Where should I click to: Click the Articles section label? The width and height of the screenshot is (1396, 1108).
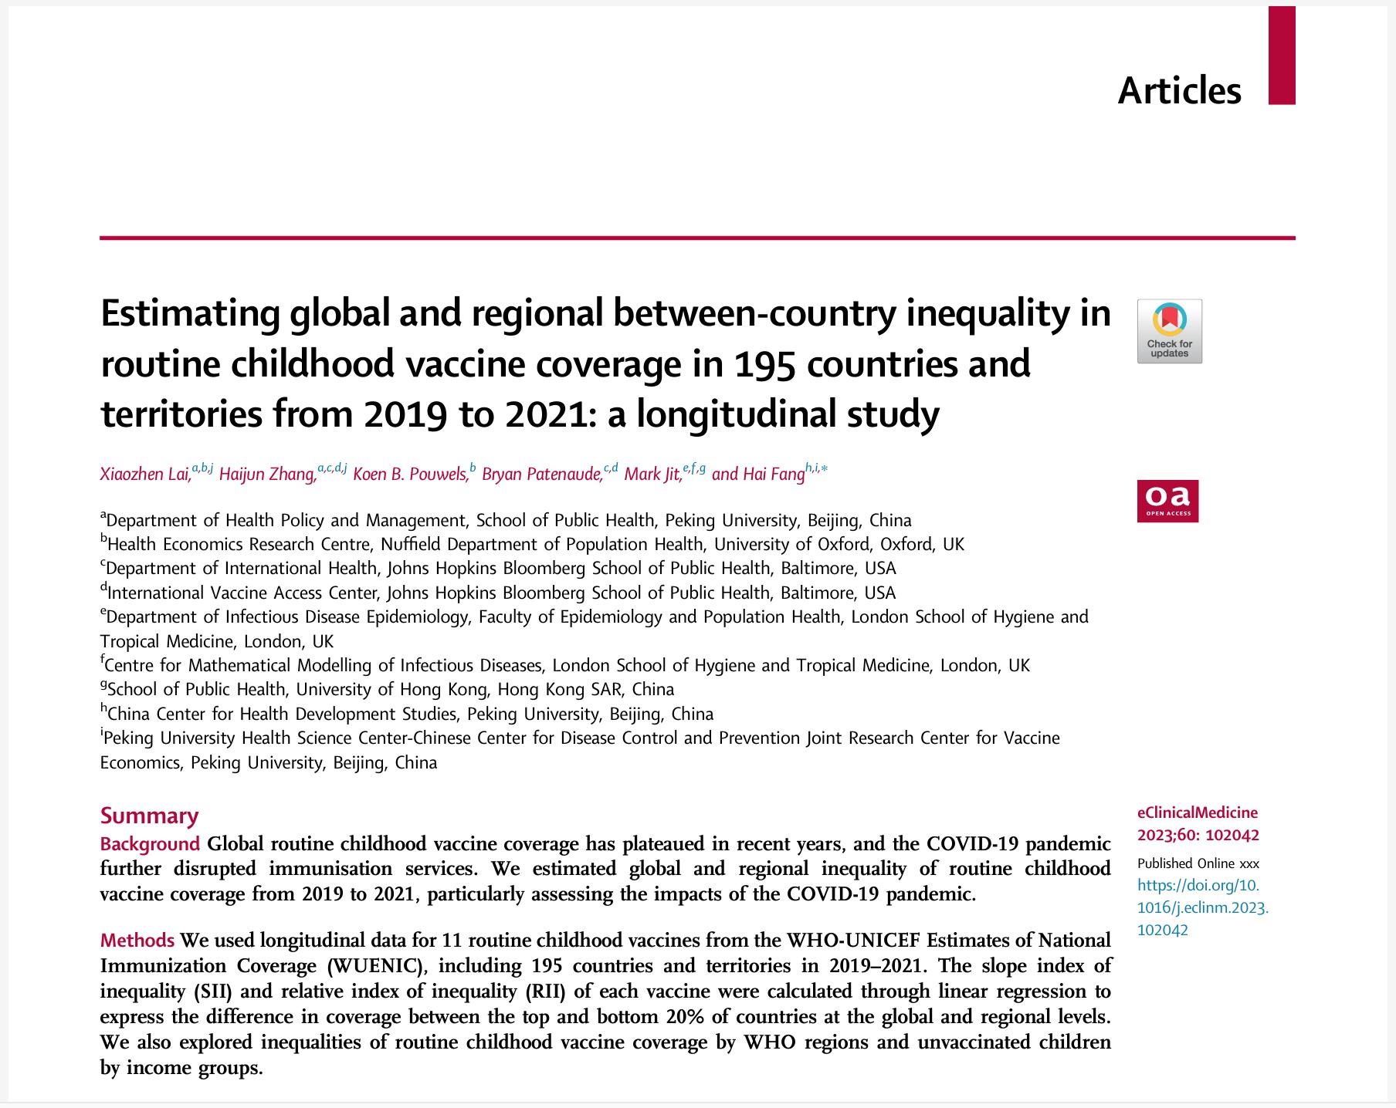point(1179,91)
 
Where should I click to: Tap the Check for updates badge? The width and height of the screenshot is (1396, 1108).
point(1169,331)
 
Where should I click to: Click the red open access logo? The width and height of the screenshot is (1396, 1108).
point(1167,501)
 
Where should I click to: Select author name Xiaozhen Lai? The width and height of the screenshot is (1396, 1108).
point(145,474)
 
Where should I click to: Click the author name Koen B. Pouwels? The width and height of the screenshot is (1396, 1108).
point(410,474)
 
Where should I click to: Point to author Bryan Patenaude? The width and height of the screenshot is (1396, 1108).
point(541,474)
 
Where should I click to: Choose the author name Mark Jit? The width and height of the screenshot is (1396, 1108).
point(652,474)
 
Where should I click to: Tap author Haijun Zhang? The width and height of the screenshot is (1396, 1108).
point(267,474)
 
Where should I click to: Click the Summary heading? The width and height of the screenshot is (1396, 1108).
point(149,816)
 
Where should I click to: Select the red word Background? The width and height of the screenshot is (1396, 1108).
point(150,843)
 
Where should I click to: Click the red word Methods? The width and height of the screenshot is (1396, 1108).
point(137,940)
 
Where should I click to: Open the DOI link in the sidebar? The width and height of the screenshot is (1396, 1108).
point(1202,907)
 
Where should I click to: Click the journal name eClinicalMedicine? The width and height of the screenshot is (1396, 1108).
point(1197,812)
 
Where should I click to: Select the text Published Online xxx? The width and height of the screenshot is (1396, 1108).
point(1198,863)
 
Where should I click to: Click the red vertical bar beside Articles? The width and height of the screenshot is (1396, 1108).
point(1281,56)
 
